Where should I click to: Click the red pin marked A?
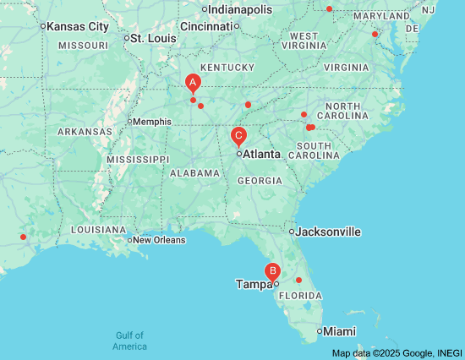coord(193,83)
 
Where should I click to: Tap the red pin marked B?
coord(272,271)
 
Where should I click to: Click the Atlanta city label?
coord(261,155)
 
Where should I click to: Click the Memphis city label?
coord(152,121)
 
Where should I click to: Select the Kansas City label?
coord(77,27)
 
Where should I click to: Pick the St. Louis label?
coord(154,38)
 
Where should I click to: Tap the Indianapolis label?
coord(240,9)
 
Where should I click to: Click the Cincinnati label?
coord(205,26)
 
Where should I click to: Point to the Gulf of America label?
coord(130,341)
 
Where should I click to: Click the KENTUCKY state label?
coord(227,68)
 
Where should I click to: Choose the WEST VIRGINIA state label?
coord(304,41)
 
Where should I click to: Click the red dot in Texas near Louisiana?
coord(24,237)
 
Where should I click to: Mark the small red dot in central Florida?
coord(298,280)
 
